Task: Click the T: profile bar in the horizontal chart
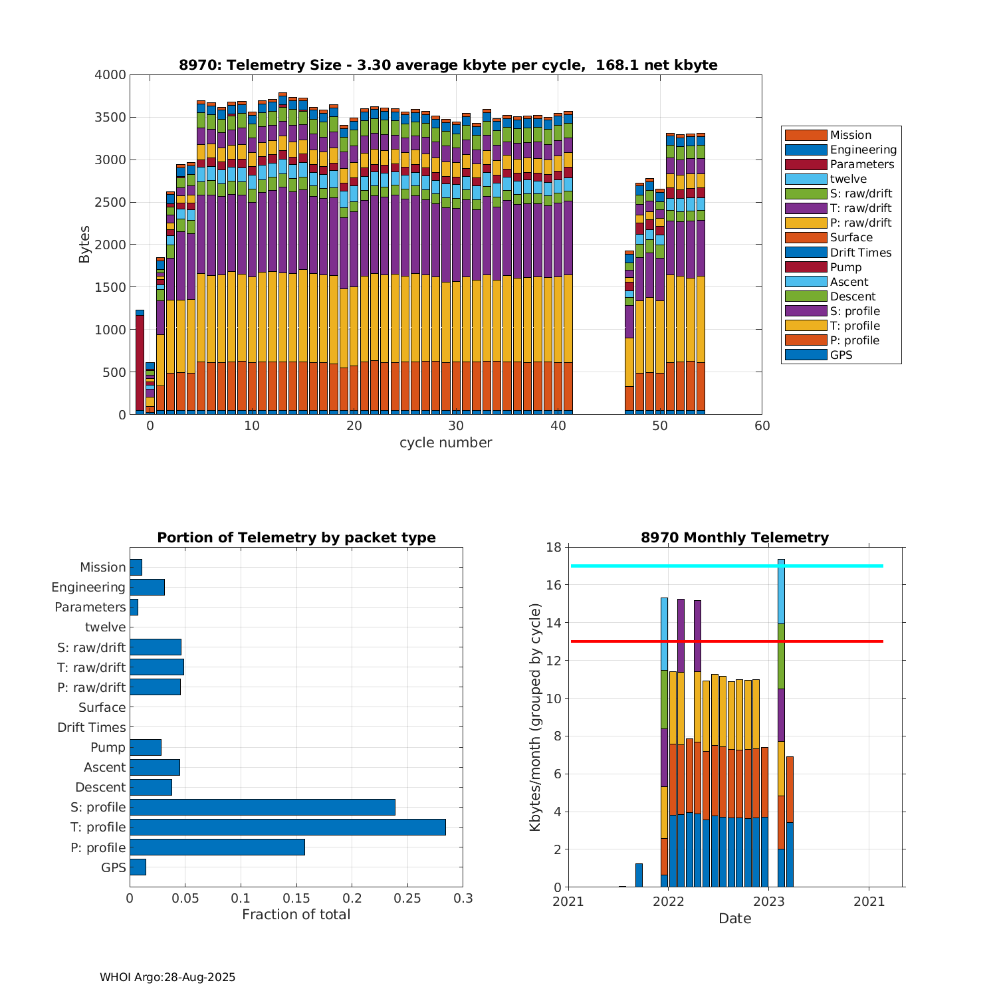(x=287, y=827)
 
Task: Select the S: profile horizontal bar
(x=263, y=807)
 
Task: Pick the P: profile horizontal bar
(x=217, y=847)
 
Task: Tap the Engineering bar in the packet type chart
(x=147, y=587)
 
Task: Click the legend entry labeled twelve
(x=848, y=179)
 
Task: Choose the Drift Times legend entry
(x=860, y=253)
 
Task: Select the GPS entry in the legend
(x=841, y=355)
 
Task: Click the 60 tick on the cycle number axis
(x=762, y=426)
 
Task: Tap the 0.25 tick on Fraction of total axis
(x=407, y=899)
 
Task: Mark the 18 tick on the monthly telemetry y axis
(x=554, y=548)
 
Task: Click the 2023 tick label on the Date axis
(x=768, y=901)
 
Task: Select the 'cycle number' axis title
(x=445, y=443)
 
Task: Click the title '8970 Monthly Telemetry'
(x=734, y=538)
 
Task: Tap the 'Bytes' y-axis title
(x=84, y=245)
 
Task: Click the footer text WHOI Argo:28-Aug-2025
(x=167, y=977)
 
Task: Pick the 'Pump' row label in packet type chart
(x=108, y=747)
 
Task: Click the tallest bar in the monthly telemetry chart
(x=781, y=724)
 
